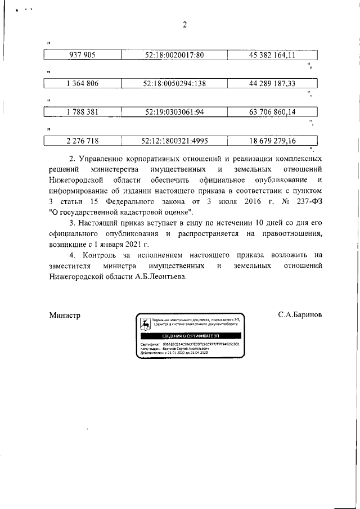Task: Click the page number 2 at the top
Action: (184, 24)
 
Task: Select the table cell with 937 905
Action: (82, 55)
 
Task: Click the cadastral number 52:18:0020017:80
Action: (174, 55)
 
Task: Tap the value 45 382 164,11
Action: (272, 55)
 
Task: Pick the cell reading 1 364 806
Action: (82, 84)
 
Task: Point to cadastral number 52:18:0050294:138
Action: (174, 84)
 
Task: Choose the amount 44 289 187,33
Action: (272, 84)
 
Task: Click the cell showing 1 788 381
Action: (82, 112)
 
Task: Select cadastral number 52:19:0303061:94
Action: (174, 112)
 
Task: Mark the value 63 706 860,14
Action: (272, 112)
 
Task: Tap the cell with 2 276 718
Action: (82, 141)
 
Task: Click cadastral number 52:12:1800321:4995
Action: (174, 141)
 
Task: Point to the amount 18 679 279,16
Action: (272, 141)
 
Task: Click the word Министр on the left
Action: (65, 316)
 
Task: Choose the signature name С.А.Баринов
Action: (300, 316)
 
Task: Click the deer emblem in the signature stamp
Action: (145, 324)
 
